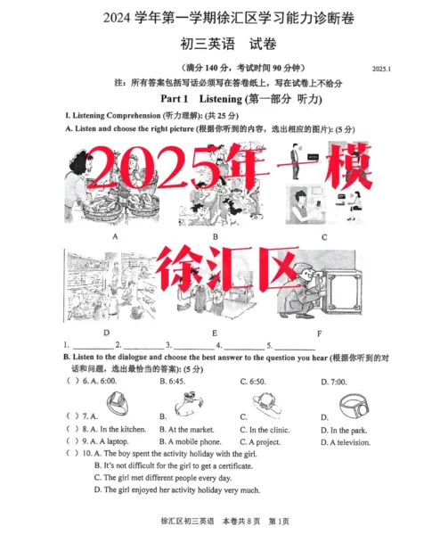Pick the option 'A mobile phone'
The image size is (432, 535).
click(x=190, y=441)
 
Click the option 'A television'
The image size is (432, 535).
click(x=351, y=441)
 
